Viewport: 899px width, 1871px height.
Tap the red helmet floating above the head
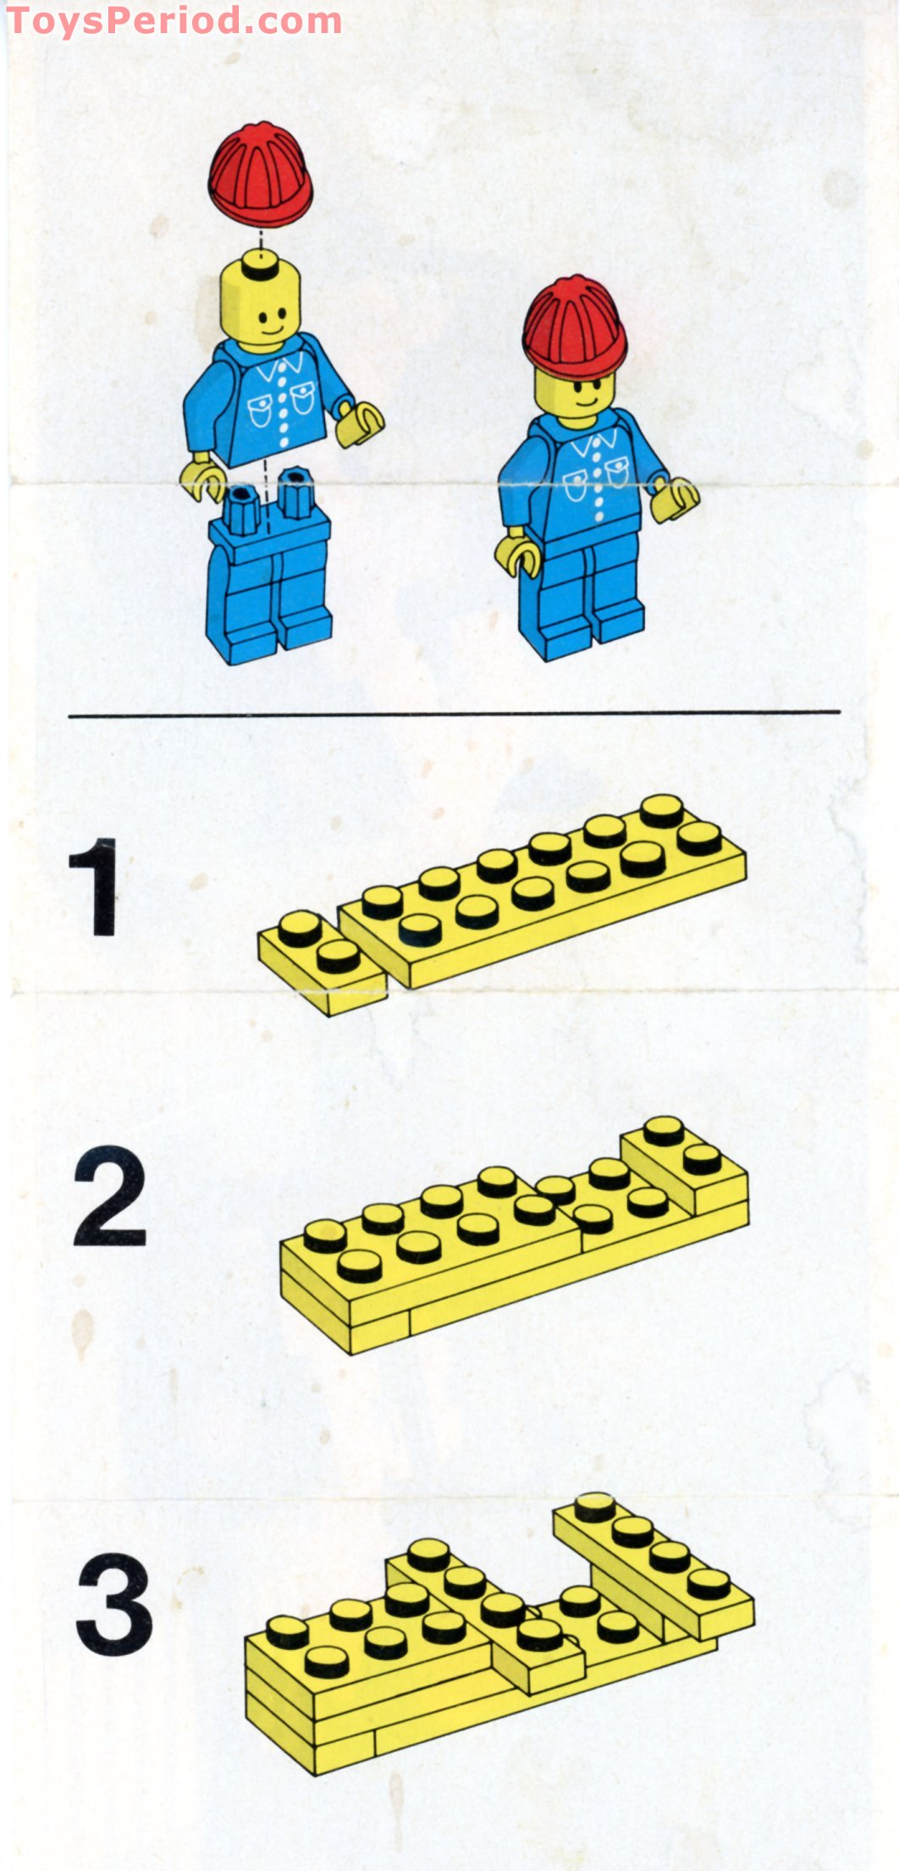pos(260,175)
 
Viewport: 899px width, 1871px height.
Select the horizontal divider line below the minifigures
pos(454,713)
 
